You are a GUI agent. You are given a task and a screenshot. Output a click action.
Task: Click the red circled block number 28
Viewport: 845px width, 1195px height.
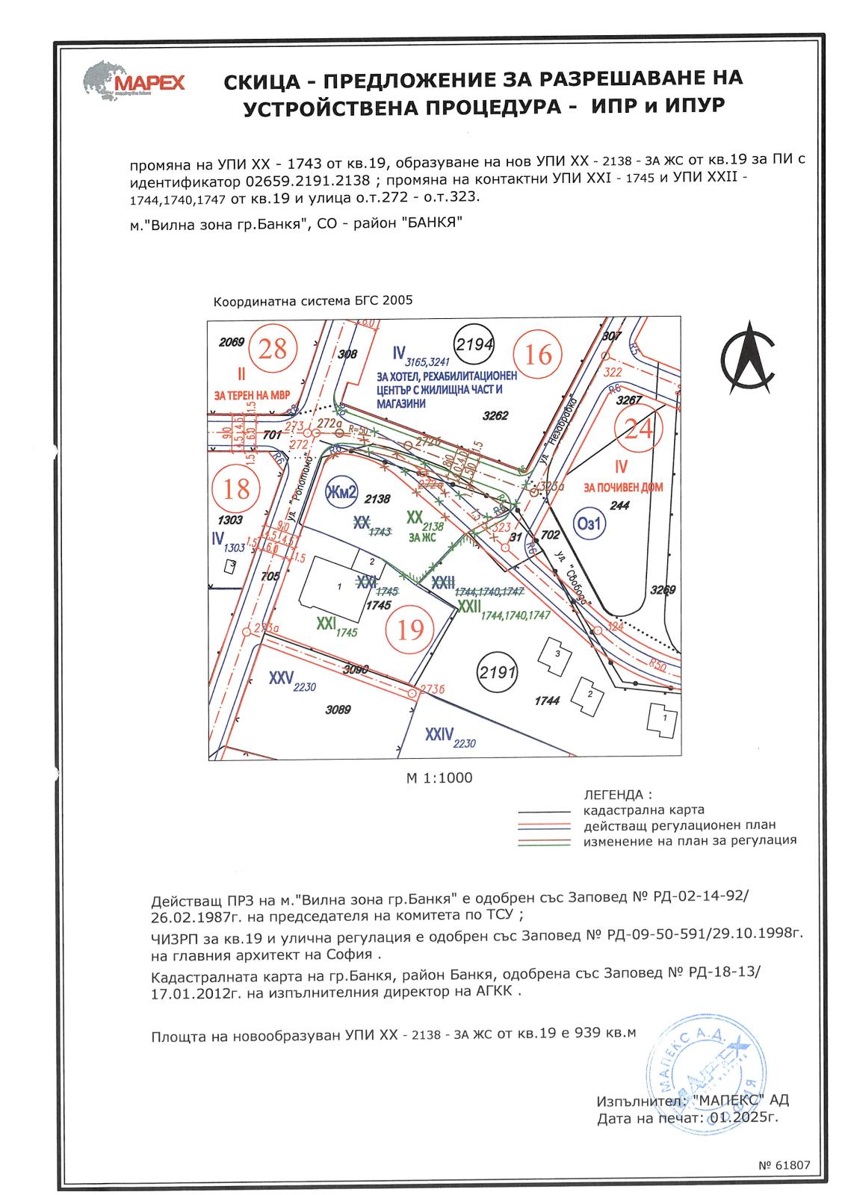click(x=273, y=349)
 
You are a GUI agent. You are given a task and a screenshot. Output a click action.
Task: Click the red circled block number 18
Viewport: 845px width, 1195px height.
click(x=236, y=488)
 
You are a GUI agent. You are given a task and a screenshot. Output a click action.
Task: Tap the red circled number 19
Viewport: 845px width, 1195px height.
click(x=410, y=630)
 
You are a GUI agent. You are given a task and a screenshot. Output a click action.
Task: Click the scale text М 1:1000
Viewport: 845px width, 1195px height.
click(x=439, y=777)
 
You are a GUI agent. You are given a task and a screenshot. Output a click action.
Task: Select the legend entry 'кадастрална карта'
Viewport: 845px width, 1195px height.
click(x=643, y=810)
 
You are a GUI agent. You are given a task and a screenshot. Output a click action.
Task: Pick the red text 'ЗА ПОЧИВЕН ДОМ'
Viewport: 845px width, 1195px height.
click(x=624, y=488)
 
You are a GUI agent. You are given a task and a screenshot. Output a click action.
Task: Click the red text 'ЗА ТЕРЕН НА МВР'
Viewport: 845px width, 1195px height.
click(x=252, y=394)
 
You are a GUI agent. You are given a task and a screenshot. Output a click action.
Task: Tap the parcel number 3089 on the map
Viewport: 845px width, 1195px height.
click(x=338, y=710)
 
